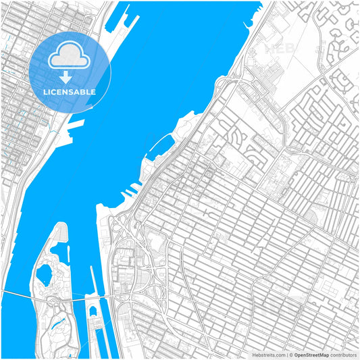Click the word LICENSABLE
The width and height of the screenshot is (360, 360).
click(70, 92)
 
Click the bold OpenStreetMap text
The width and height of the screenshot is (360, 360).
click(311, 354)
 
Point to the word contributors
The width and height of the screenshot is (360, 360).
click(343, 354)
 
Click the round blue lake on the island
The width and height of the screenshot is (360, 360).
click(45, 273)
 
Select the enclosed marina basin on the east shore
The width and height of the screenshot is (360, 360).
click(163, 145)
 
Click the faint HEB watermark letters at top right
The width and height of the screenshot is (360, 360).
click(280, 49)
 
